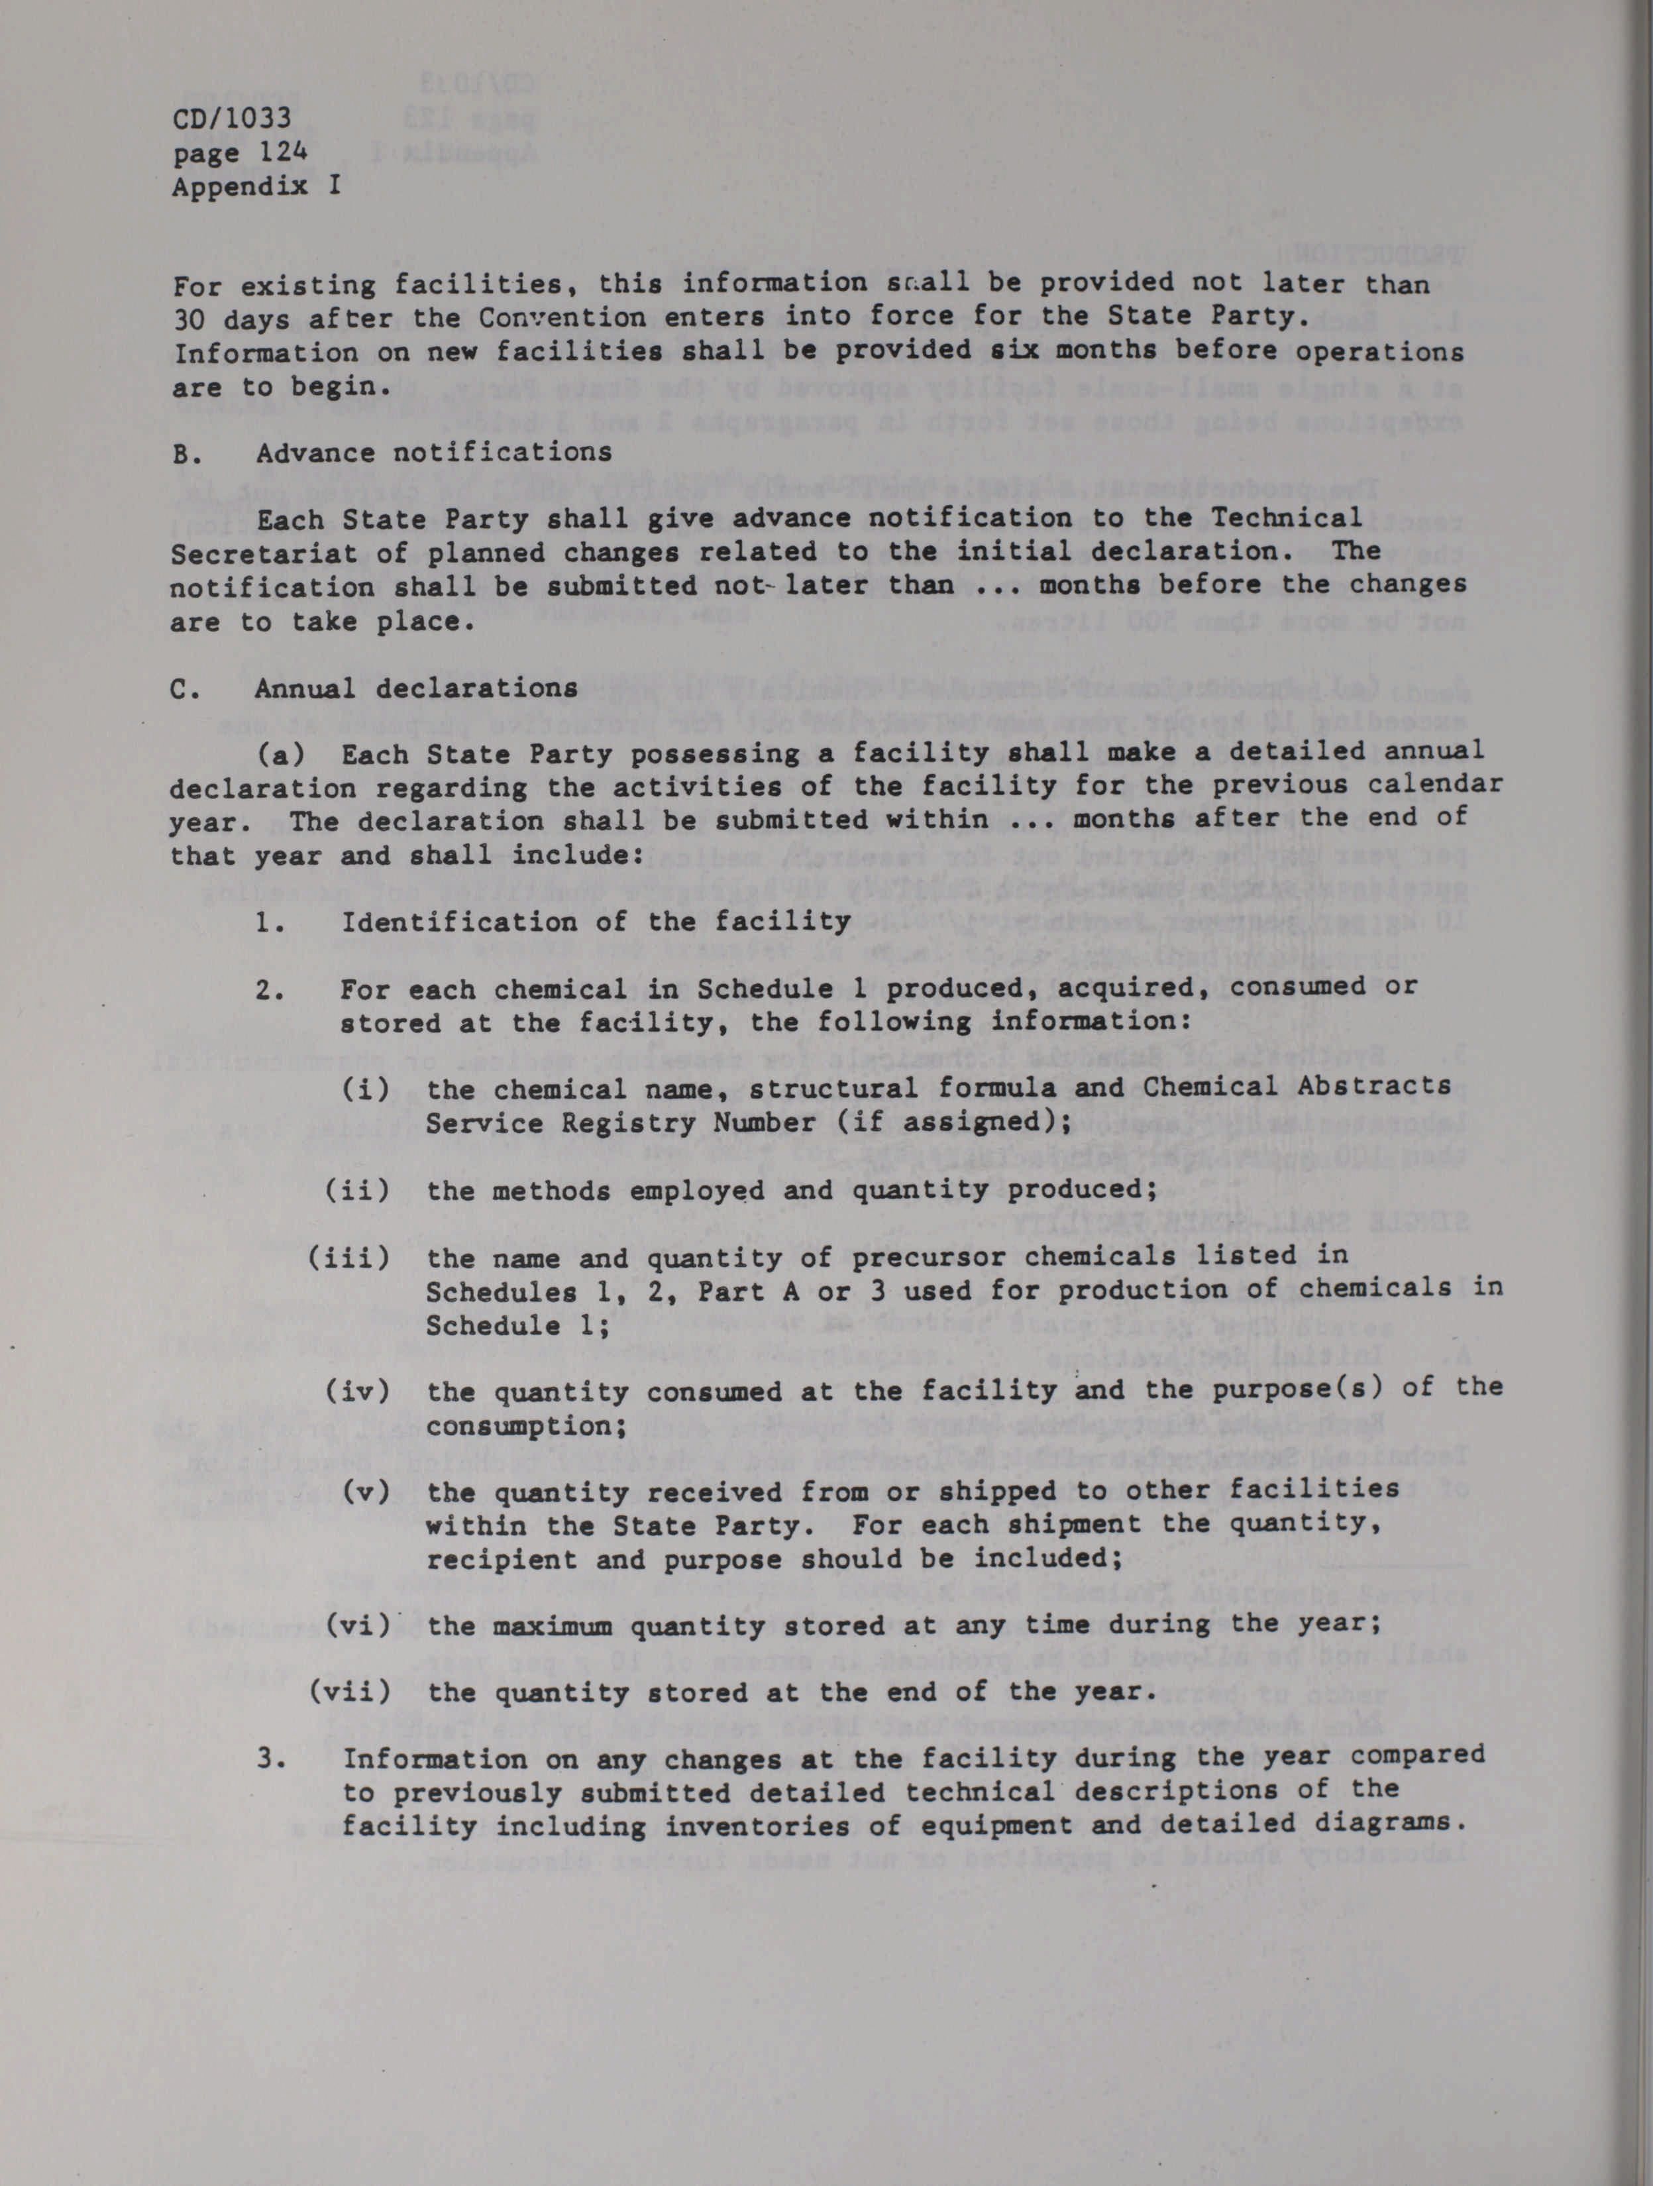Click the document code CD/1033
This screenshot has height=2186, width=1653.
[x=231, y=119]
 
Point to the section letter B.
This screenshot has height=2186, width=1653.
[x=181, y=454]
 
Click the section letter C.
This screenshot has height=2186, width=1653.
[x=181, y=689]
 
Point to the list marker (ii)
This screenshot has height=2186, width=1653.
[x=358, y=1190]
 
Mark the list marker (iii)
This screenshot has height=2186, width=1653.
[x=348, y=1258]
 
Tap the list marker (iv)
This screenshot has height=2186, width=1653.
[x=358, y=1392]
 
